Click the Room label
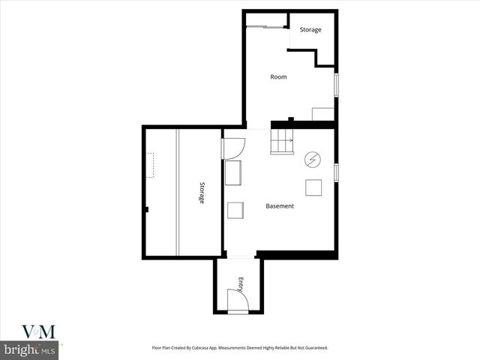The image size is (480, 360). (x=278, y=76)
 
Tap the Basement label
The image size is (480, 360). (x=280, y=206)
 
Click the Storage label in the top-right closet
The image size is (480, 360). (x=310, y=30)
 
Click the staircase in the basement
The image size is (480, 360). (x=282, y=140)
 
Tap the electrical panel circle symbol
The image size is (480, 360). (x=312, y=160)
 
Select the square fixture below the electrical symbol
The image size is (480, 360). (x=313, y=187)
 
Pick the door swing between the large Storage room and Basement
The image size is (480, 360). (x=232, y=148)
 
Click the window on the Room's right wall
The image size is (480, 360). (x=336, y=83)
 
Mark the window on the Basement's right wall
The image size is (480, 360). (x=336, y=172)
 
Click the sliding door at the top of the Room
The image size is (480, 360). (x=265, y=27)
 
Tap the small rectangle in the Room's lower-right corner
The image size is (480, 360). (x=322, y=113)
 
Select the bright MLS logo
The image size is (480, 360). (x=30, y=350)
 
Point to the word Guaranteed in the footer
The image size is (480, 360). (x=311, y=348)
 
